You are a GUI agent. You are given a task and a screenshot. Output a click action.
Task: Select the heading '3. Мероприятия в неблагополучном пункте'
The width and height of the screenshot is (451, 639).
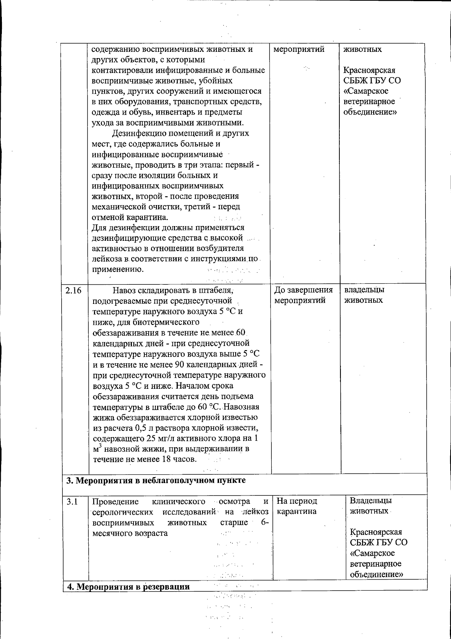point(156,480)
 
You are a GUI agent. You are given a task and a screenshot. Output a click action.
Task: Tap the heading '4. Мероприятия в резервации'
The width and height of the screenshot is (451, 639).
point(128,587)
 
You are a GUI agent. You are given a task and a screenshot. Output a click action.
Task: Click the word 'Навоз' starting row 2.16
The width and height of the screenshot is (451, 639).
point(124,290)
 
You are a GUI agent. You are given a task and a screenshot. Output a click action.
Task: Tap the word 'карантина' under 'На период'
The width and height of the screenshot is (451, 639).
point(297,512)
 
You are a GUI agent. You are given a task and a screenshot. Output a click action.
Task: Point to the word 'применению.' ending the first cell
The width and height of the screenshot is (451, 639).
point(118,269)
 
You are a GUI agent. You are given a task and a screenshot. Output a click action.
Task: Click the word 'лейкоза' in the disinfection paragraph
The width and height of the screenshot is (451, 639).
point(107,259)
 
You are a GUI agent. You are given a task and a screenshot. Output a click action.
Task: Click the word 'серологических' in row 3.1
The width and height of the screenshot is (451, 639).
point(123,512)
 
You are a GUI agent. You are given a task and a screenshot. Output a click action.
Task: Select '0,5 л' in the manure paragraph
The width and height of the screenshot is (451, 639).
point(137,428)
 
